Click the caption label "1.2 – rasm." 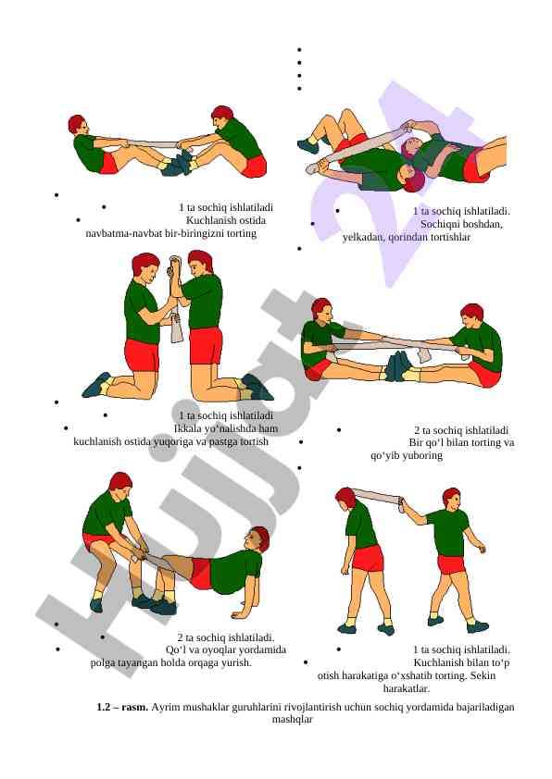[122, 707]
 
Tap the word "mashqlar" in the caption [293, 720]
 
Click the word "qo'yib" [384, 455]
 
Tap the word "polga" [103, 662]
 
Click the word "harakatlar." [407, 688]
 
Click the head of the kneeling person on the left [145, 267]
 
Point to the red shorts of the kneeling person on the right [206, 345]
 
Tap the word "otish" [328, 675]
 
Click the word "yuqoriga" [172, 441]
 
